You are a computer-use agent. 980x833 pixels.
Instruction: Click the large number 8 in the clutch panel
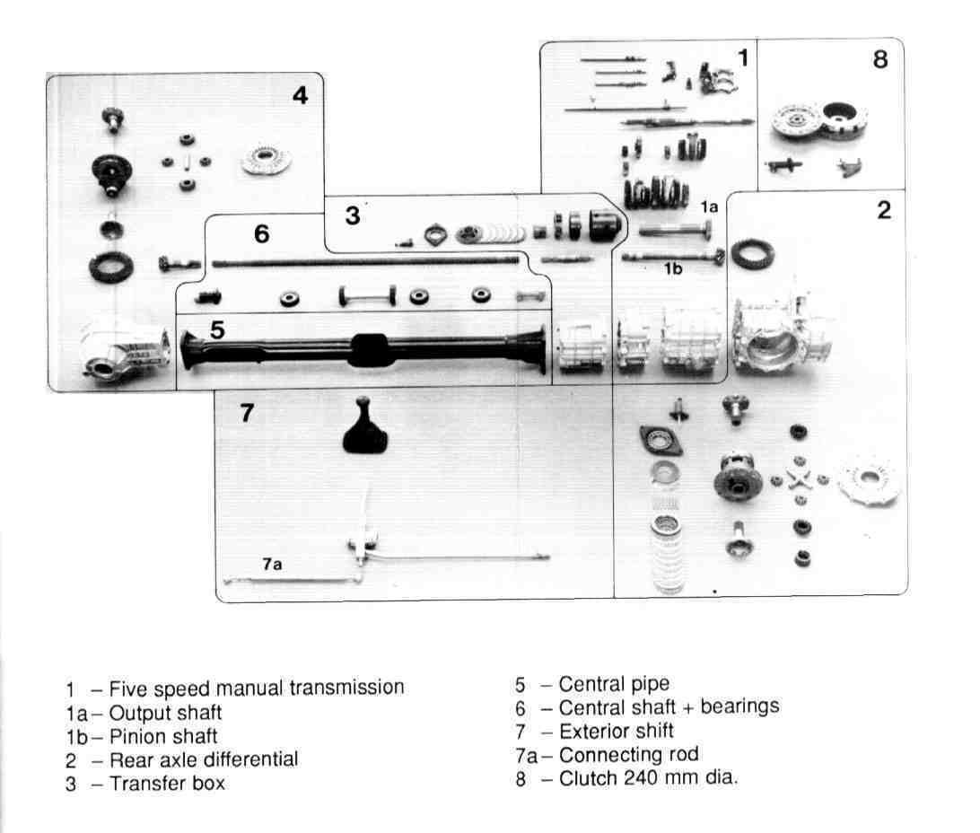click(x=879, y=60)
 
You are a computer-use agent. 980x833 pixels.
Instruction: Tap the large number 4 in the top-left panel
click(x=300, y=95)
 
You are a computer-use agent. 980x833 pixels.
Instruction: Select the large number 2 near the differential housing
click(x=884, y=211)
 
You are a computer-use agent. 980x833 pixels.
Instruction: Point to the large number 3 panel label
click(x=353, y=215)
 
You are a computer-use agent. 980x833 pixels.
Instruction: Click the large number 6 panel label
click(x=261, y=235)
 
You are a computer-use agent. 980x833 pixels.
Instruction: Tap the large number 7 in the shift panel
click(x=248, y=414)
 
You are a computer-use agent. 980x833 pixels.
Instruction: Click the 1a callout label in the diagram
click(x=709, y=207)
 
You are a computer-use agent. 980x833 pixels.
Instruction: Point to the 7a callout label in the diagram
click(x=273, y=565)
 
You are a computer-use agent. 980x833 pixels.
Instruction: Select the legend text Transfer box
click(x=167, y=783)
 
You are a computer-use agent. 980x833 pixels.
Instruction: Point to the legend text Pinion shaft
click(x=163, y=737)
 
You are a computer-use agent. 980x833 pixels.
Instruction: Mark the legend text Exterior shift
click(x=616, y=731)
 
